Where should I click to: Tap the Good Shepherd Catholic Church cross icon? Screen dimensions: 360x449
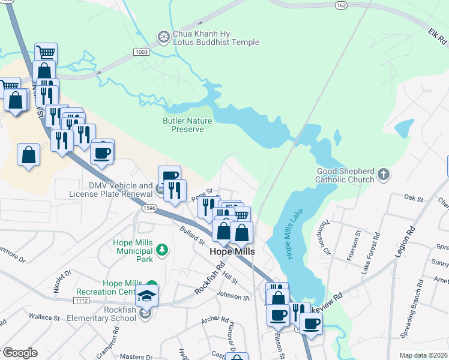click(384, 175)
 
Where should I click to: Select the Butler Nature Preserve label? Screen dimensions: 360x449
click(187, 125)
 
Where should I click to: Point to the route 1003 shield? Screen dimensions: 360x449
click(142, 52)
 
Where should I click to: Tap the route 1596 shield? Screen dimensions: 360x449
click(150, 208)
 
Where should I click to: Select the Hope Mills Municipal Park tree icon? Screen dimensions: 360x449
click(161, 248)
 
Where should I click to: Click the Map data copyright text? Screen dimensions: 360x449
click(423, 355)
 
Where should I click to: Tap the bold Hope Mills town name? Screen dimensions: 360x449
click(232, 252)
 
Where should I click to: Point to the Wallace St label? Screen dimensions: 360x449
click(42, 316)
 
